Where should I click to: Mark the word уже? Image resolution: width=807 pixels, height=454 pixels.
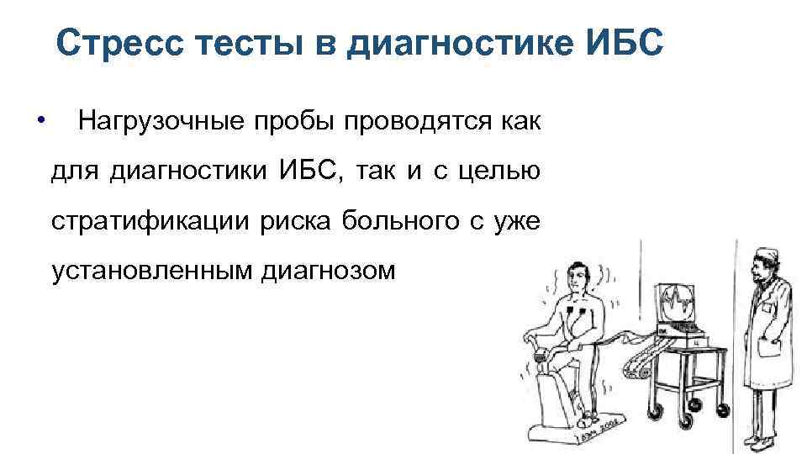pos(514,223)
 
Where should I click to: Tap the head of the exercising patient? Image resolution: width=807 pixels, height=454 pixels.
pos(579,277)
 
